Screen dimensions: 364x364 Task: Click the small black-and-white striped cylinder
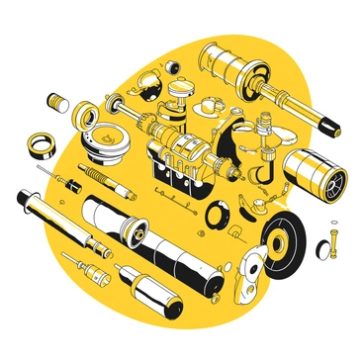(x=56, y=101)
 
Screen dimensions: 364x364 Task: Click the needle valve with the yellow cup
(x=97, y=265)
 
